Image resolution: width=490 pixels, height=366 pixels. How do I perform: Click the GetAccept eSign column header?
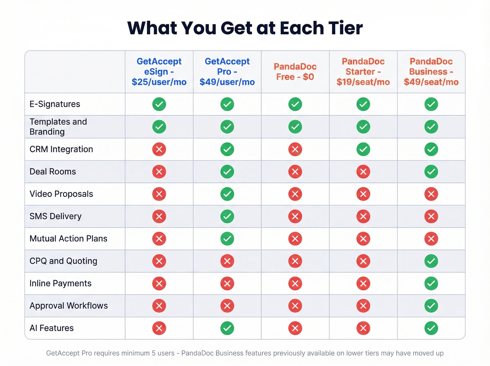point(159,72)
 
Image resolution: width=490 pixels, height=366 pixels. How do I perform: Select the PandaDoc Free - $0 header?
point(295,72)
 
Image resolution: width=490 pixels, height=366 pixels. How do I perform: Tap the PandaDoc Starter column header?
point(363,72)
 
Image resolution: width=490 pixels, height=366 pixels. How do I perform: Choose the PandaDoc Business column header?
point(431,72)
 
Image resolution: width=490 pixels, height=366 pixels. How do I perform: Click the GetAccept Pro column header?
point(227,72)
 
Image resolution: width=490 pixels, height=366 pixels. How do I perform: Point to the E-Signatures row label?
point(55,104)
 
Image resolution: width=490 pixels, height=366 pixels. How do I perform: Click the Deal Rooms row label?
point(53,172)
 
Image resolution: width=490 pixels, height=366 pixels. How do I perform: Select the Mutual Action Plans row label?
point(69,239)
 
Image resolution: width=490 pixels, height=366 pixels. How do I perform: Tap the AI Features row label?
point(52,328)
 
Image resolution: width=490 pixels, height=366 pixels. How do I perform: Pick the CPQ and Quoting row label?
point(63,261)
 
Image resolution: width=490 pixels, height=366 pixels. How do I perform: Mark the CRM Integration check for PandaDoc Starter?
point(363,149)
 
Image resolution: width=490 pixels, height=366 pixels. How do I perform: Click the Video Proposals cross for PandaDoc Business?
point(431,194)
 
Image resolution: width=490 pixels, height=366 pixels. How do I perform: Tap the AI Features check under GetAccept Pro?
point(227,328)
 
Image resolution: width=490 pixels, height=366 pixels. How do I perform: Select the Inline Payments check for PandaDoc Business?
point(431,283)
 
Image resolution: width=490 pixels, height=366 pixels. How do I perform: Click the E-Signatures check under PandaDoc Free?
point(295,104)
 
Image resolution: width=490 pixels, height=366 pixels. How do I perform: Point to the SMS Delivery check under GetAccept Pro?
point(227,216)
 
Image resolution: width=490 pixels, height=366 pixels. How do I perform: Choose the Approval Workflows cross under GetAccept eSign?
point(159,306)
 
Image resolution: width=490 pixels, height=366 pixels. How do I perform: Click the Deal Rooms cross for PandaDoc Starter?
point(363,172)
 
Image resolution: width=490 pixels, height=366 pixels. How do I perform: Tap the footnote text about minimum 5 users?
point(110,353)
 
